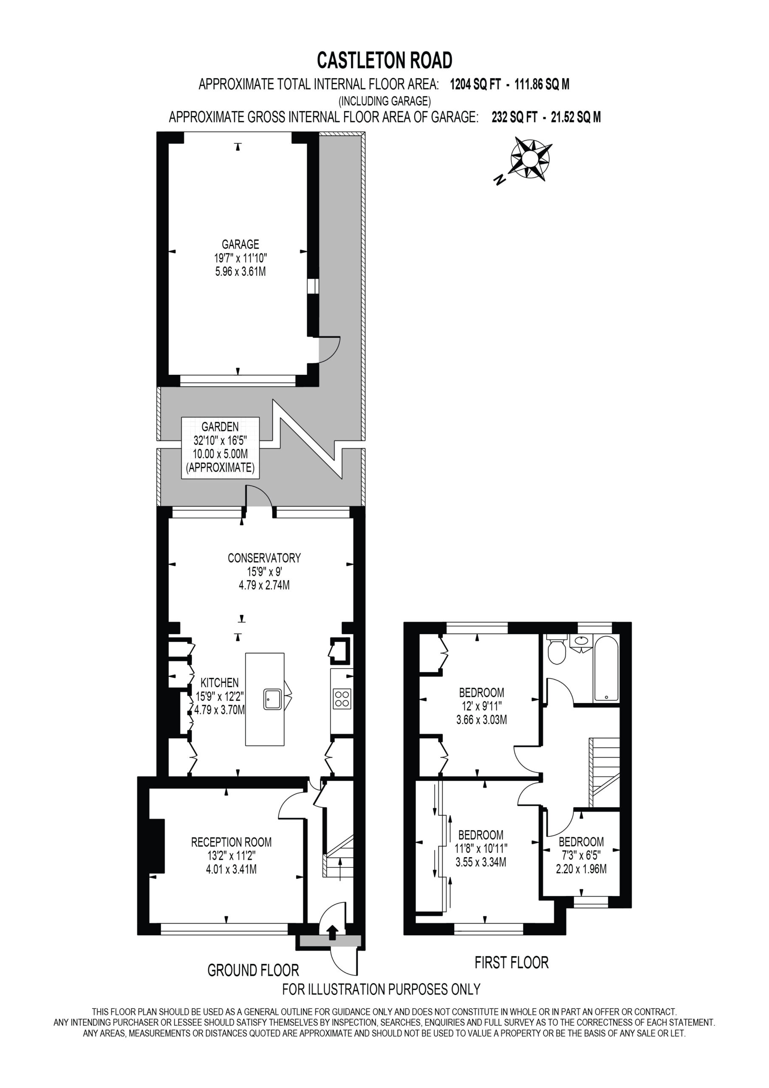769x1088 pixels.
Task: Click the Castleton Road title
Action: click(384, 60)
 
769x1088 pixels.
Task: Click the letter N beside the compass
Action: click(499, 180)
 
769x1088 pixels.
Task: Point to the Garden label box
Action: click(221, 448)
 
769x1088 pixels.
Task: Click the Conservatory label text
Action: click(264, 558)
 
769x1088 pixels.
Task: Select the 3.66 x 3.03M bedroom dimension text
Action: click(481, 720)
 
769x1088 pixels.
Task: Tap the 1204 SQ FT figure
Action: click(475, 84)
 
